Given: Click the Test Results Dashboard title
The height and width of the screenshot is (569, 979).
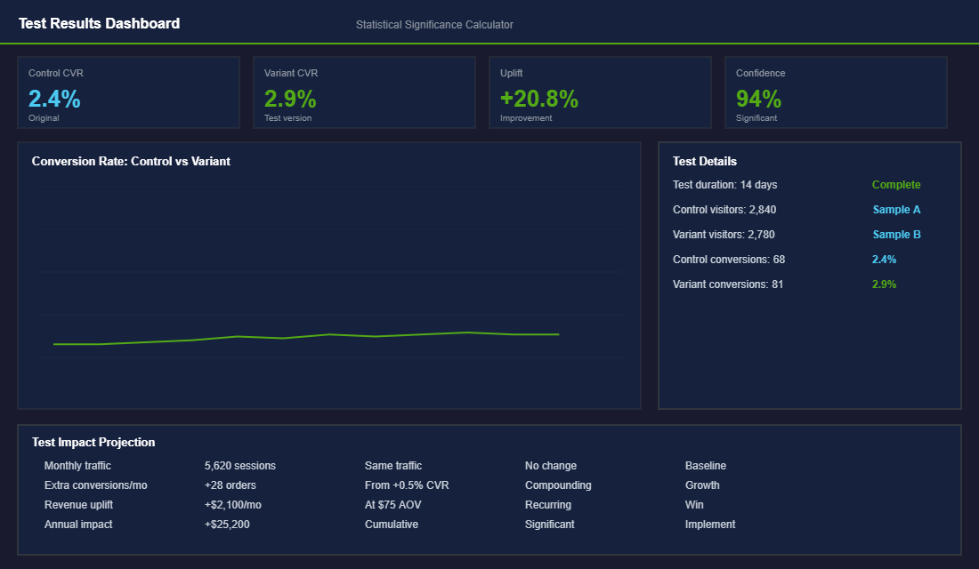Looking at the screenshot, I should tap(99, 24).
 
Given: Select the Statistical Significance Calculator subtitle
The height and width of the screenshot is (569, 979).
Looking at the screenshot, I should tap(434, 25).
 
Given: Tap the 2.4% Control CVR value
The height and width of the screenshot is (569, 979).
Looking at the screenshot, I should tap(54, 99).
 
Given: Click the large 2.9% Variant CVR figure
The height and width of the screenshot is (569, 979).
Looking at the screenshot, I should tap(290, 99).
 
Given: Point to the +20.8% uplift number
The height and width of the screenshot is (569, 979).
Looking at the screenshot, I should tap(539, 99).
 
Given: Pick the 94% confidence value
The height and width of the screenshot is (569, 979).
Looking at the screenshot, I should tap(758, 99).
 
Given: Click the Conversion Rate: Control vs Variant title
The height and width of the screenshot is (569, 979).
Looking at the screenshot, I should tap(131, 162).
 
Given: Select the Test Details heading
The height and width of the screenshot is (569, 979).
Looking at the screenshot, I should tap(705, 162).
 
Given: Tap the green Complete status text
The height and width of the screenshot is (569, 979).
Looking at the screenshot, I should tap(896, 185).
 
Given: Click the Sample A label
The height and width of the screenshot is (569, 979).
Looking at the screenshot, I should tap(896, 210).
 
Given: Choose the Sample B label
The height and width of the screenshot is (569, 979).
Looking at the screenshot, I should tap(896, 235).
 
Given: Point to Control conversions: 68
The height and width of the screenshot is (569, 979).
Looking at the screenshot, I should tap(729, 260).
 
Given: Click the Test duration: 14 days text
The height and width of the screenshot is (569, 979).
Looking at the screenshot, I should tap(725, 185).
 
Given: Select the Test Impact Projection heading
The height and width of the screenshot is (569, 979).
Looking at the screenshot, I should tap(93, 443).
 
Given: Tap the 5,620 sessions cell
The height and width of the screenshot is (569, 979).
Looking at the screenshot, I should tap(240, 466).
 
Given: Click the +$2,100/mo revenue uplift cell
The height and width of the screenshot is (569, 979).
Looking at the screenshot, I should tap(233, 505).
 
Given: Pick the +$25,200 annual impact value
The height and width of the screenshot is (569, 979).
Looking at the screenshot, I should tap(227, 525).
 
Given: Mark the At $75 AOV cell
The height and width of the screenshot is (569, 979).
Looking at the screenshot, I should tap(393, 505).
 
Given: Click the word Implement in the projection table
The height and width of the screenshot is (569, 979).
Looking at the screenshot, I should tap(710, 525).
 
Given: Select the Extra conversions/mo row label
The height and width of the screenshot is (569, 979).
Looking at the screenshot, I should tap(96, 485).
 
